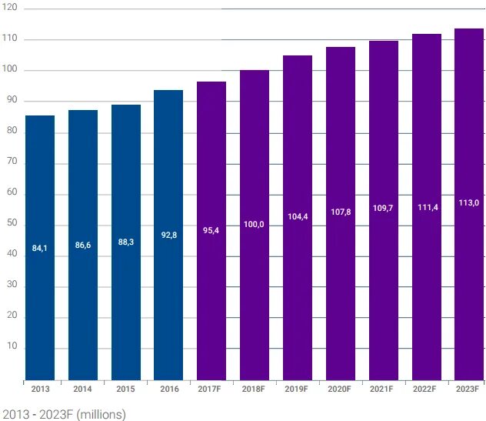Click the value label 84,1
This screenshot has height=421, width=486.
[40, 248]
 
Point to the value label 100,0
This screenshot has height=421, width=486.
[255, 224]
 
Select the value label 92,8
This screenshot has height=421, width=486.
[169, 235]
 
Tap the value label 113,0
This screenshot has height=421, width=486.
[469, 202]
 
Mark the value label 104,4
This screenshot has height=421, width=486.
[298, 216]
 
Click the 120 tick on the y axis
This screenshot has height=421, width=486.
[10, 7]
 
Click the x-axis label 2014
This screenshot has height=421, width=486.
[83, 389]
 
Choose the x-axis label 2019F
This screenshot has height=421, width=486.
[297, 389]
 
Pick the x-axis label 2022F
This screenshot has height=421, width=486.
[426, 389]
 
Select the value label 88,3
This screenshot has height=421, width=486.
[126, 242]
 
